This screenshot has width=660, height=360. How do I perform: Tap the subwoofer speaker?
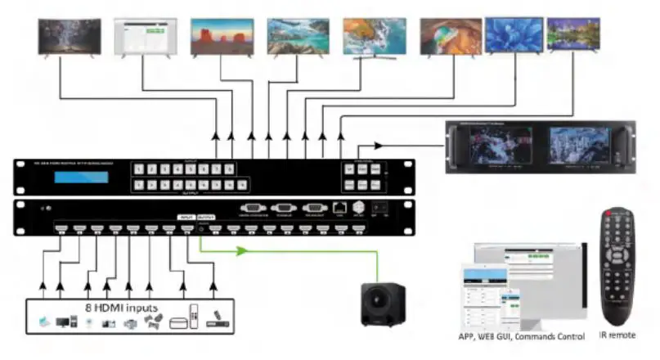pos(384,302)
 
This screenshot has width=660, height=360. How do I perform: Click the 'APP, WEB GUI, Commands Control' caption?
pos(520,336)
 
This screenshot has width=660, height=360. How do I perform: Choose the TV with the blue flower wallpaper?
pos(514,34)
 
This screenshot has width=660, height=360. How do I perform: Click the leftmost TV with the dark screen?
pos(70,36)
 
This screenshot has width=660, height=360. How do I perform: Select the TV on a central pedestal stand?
pos(373,38)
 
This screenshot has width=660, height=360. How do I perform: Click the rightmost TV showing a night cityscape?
pos(573,34)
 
